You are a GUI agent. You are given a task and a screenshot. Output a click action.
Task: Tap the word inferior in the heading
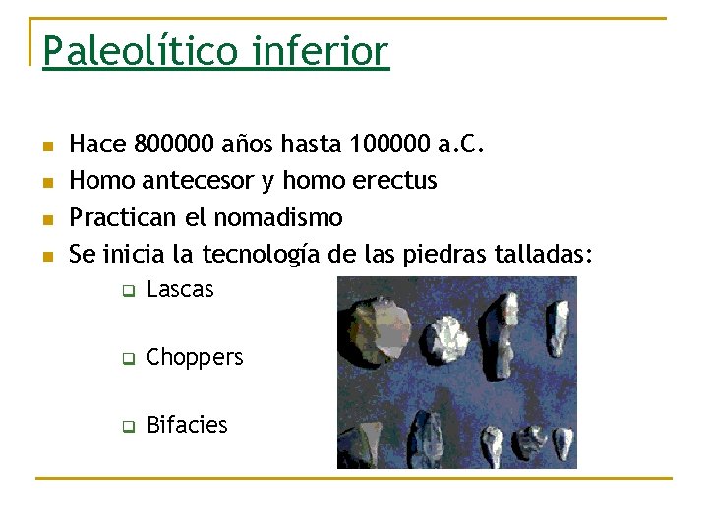coord(321,51)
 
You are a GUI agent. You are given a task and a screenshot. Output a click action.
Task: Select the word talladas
coord(546,254)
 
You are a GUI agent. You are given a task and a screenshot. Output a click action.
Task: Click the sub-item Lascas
coord(180,290)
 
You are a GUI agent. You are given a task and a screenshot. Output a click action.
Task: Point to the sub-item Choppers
coord(195,358)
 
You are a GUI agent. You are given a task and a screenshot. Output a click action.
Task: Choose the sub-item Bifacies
coord(187,425)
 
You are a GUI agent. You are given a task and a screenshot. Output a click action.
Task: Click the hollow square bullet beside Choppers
coord(127,359)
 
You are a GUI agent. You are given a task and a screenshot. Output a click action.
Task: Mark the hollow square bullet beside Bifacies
coord(127,427)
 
